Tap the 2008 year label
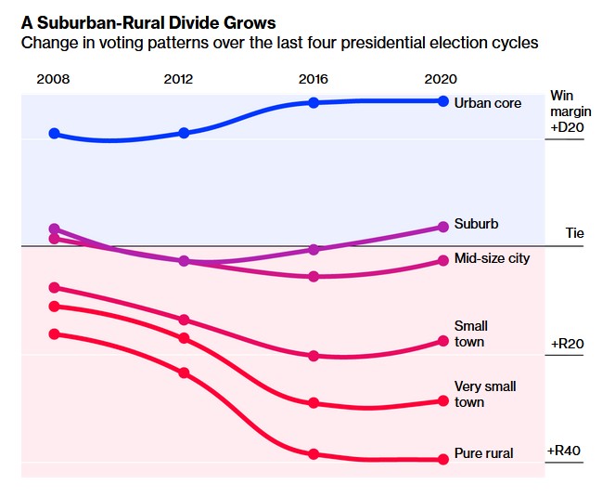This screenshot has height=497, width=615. pyautogui.click(x=53, y=79)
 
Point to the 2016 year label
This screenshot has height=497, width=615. pyautogui.click(x=314, y=79)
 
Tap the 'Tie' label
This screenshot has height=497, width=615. pyautogui.click(x=575, y=233)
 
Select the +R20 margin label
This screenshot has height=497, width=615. pyautogui.click(x=566, y=344)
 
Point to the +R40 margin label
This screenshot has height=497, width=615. pyautogui.click(x=564, y=451)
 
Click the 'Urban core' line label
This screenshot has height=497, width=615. pyautogui.click(x=488, y=103)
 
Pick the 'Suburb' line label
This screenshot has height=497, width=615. pyautogui.click(x=476, y=224)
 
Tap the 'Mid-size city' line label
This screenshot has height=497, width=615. pyautogui.click(x=492, y=257)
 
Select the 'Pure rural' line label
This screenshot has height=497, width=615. pyautogui.click(x=483, y=453)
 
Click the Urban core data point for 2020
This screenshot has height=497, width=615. pyautogui.click(x=443, y=100)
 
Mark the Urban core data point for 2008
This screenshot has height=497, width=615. pyautogui.click(x=54, y=134)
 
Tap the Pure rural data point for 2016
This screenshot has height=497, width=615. pyautogui.click(x=314, y=454)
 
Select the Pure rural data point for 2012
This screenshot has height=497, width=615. pyautogui.click(x=184, y=373)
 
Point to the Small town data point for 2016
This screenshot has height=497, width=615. pyautogui.click(x=314, y=356)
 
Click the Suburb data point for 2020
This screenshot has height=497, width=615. pyautogui.click(x=443, y=227)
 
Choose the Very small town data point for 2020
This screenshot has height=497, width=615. pyautogui.click(x=443, y=400)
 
